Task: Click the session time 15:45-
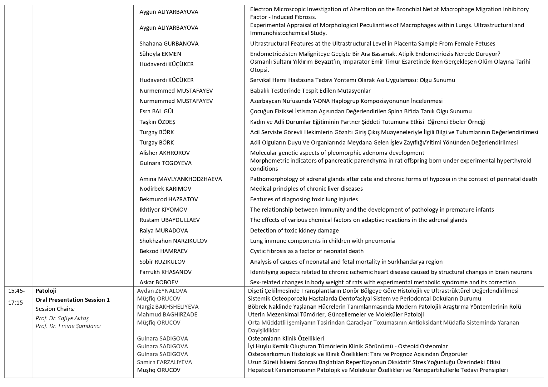[x=17, y=291]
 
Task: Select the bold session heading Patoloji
[x=46, y=291]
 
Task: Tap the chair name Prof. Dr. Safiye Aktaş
[x=62, y=318]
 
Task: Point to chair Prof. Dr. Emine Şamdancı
[x=68, y=326]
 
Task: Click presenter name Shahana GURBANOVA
[x=169, y=43]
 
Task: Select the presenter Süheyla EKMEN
[x=160, y=54]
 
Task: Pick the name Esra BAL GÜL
[x=157, y=111]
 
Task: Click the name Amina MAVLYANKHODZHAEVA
[x=181, y=179]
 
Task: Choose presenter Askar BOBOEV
[x=159, y=282]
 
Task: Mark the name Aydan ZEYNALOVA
[x=162, y=291]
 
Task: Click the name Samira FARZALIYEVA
[x=165, y=362]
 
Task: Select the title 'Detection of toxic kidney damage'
[x=294, y=230]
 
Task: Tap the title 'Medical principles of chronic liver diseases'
[x=306, y=189]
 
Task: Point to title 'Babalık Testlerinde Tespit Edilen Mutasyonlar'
[x=310, y=91]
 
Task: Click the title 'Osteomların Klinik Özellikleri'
[x=286, y=338]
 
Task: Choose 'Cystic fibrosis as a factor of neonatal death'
[x=307, y=251]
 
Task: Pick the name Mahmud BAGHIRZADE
[x=167, y=314]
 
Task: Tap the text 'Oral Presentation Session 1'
[x=73, y=300]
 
